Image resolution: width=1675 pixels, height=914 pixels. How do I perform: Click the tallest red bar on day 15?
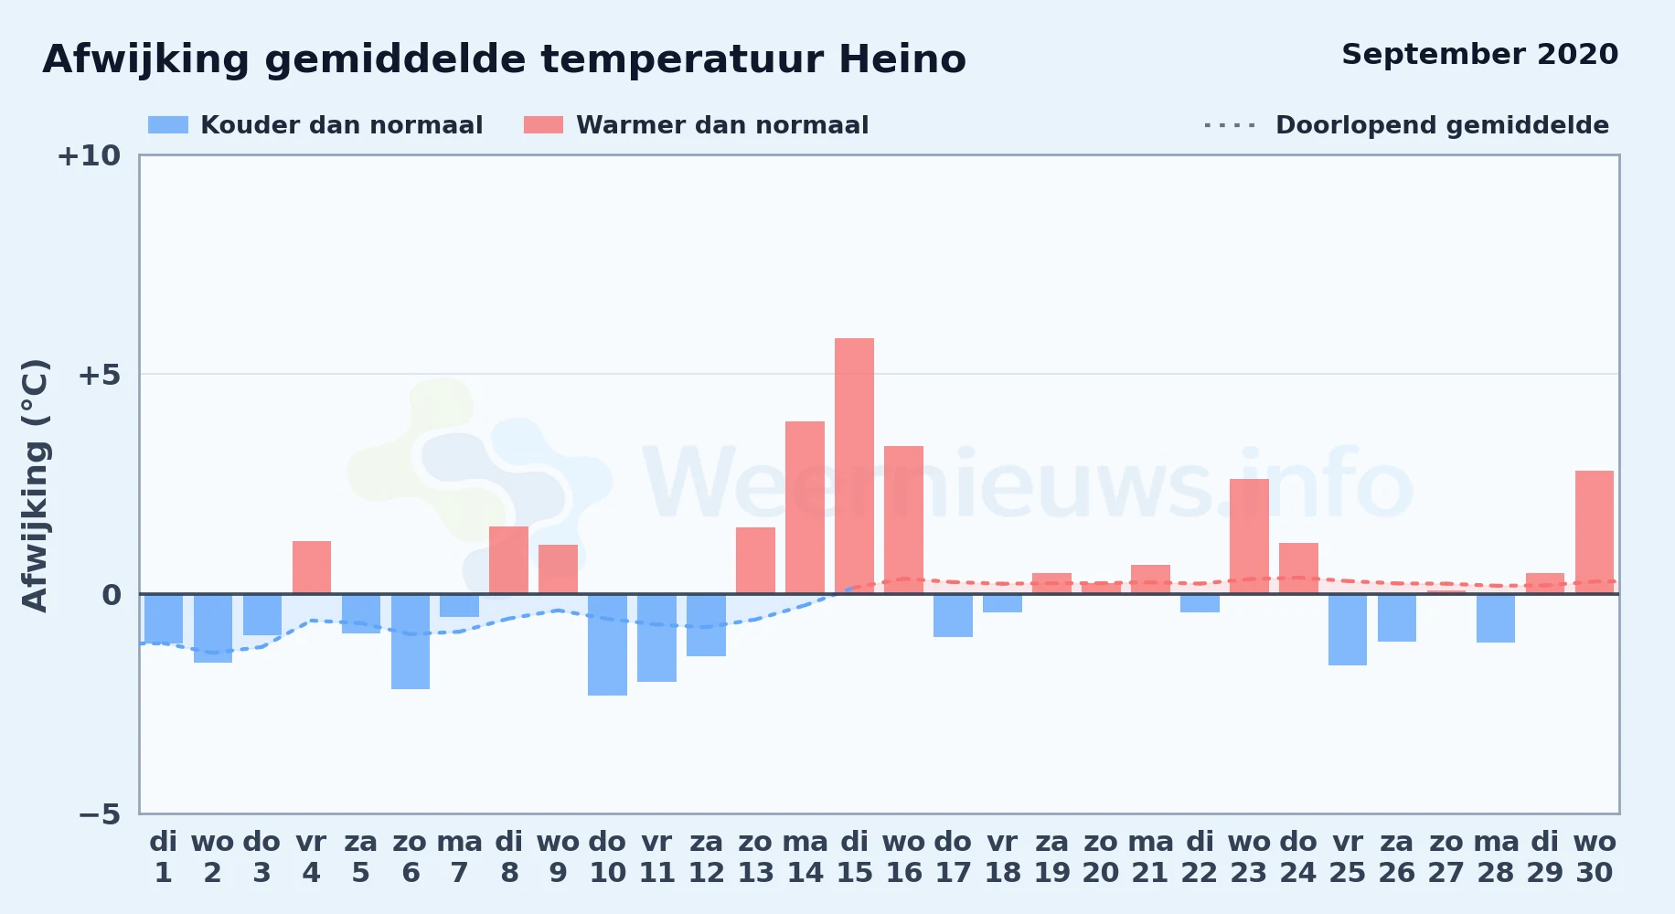point(854,466)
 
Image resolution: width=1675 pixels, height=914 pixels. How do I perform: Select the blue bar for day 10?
point(607,644)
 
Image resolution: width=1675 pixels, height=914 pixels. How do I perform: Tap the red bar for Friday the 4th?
point(312,568)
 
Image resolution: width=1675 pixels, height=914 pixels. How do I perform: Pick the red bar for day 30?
point(1595,532)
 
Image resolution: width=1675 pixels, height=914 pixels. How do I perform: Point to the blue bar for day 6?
point(411,642)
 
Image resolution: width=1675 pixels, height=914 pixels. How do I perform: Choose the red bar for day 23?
point(1249,537)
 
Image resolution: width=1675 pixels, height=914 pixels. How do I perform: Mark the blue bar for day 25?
point(1348,630)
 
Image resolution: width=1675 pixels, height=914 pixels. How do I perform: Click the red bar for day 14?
point(805,507)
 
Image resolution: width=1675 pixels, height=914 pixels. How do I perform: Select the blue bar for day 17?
point(953,615)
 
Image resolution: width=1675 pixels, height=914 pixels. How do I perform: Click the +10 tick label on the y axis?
point(89,155)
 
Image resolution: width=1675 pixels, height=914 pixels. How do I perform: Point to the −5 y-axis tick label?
point(99,813)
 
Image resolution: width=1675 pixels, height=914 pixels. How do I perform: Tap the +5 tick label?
point(99,375)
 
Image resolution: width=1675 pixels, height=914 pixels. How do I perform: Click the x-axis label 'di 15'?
point(854,857)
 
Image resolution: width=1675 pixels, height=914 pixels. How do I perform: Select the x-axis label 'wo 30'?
point(1595,857)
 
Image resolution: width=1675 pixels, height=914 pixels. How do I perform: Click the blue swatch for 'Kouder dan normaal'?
point(168,124)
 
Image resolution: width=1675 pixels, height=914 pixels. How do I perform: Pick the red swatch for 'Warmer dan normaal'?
point(543,124)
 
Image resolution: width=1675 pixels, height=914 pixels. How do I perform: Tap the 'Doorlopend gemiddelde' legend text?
point(1442,125)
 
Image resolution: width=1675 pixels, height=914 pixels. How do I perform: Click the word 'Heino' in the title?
point(902,59)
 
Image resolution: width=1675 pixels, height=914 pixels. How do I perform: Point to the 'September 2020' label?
point(1479,55)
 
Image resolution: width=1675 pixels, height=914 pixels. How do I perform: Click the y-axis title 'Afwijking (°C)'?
point(35,484)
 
